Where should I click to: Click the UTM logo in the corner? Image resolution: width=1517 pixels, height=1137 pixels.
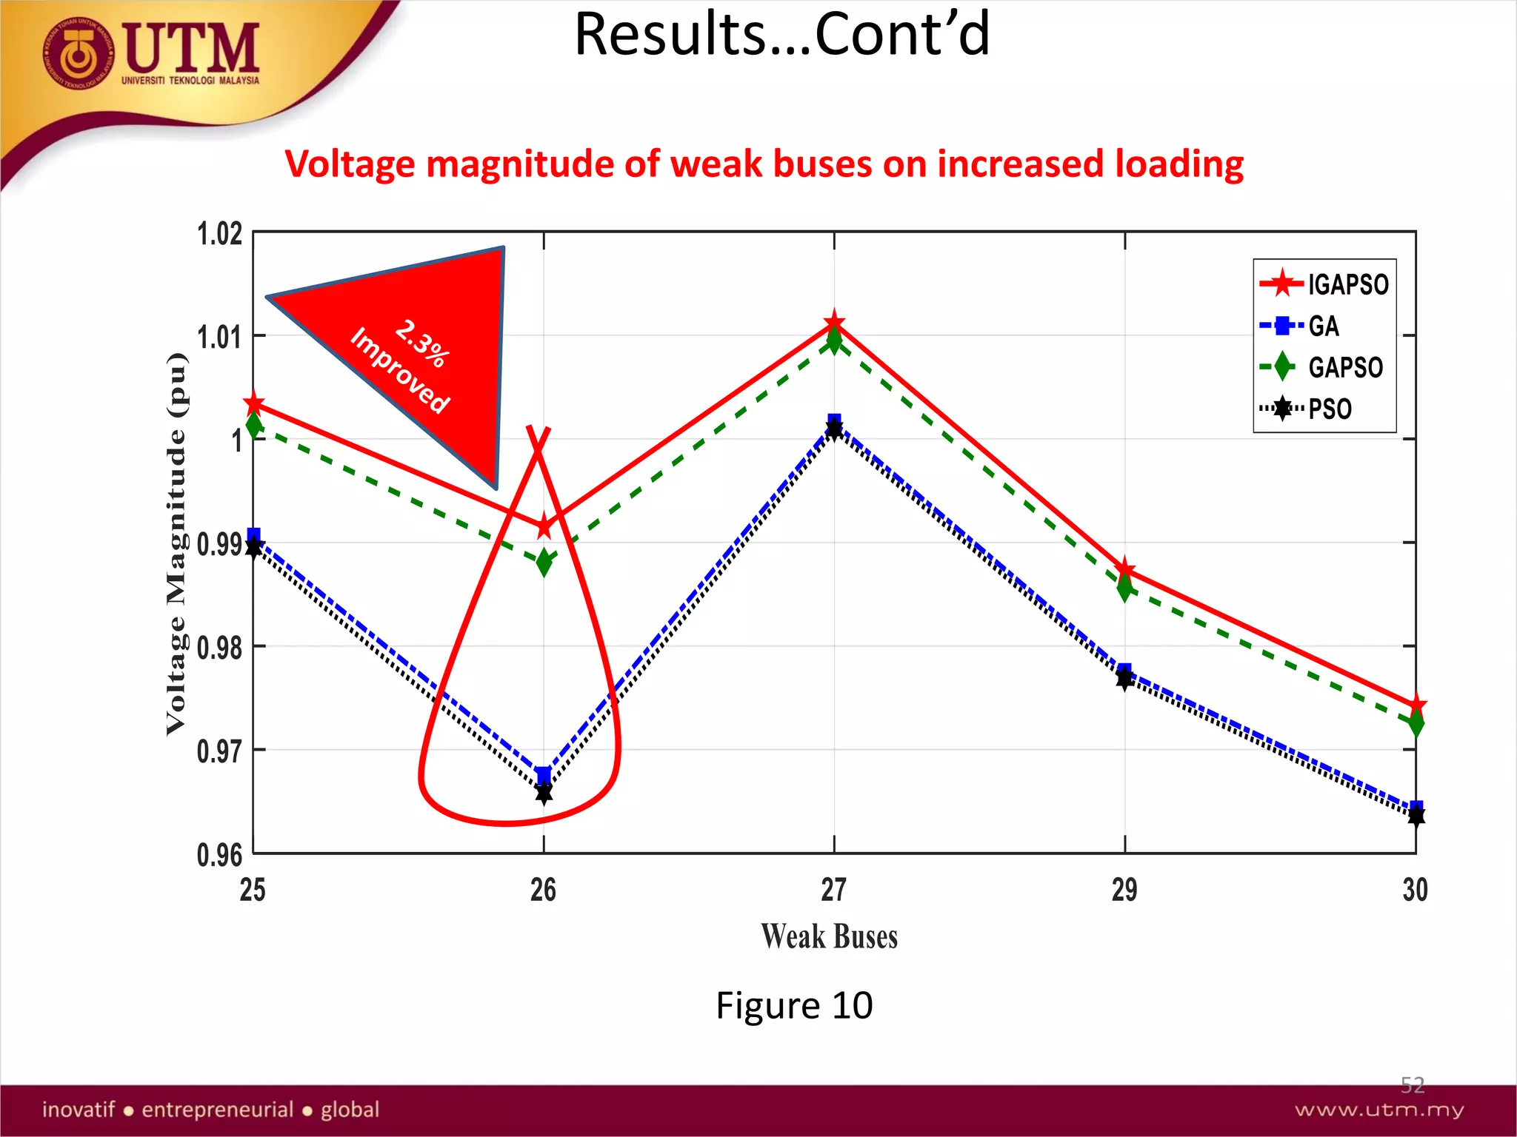coord(152,53)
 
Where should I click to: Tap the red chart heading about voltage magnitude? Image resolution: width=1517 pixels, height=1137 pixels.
coord(764,164)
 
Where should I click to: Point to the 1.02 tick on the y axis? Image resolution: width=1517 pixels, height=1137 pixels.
coord(220,234)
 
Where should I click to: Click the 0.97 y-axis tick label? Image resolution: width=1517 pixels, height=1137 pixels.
coord(220,751)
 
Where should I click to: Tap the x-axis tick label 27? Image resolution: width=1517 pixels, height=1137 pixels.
coord(834,890)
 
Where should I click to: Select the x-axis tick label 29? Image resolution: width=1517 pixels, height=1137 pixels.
coord(1124,890)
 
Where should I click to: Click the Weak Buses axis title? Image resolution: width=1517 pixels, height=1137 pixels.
coord(830,936)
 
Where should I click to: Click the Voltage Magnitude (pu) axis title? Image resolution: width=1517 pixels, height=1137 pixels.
coord(176,544)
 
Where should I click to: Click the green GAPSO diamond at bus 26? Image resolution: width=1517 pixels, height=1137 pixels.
coord(544,562)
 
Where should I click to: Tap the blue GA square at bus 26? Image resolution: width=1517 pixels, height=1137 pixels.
coord(544,775)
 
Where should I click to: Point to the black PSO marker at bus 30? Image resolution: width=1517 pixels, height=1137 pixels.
coord(1416,817)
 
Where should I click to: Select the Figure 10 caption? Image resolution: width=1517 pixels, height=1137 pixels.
coord(794,1005)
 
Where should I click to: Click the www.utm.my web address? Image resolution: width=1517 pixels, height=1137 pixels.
coord(1379,1110)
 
